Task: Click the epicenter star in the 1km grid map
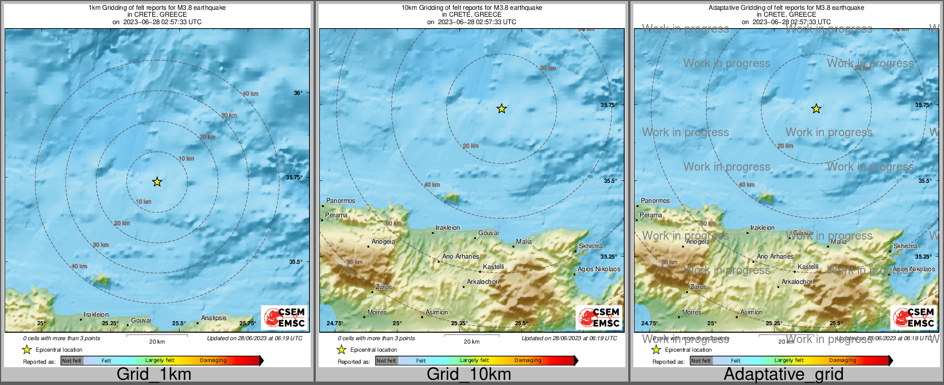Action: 157,182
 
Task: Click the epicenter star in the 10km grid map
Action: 502,109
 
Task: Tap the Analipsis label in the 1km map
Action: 214,318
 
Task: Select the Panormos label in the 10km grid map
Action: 341,201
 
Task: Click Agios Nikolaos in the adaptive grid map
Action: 914,269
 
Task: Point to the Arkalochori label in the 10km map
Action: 483,282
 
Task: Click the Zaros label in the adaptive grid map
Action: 698,287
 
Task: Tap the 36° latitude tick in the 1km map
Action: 297,93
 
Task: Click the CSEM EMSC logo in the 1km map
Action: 284,317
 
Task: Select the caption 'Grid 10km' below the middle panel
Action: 469,374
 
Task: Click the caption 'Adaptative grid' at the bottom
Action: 783,374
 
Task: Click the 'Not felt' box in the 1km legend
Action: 72,361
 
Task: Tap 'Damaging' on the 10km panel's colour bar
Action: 528,361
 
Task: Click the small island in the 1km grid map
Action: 101,280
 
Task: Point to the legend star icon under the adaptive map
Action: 656,349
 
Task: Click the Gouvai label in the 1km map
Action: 141,320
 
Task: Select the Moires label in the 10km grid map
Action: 377,312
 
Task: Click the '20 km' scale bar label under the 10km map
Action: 471,341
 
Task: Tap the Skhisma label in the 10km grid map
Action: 591,246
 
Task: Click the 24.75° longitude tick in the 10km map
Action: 335,323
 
